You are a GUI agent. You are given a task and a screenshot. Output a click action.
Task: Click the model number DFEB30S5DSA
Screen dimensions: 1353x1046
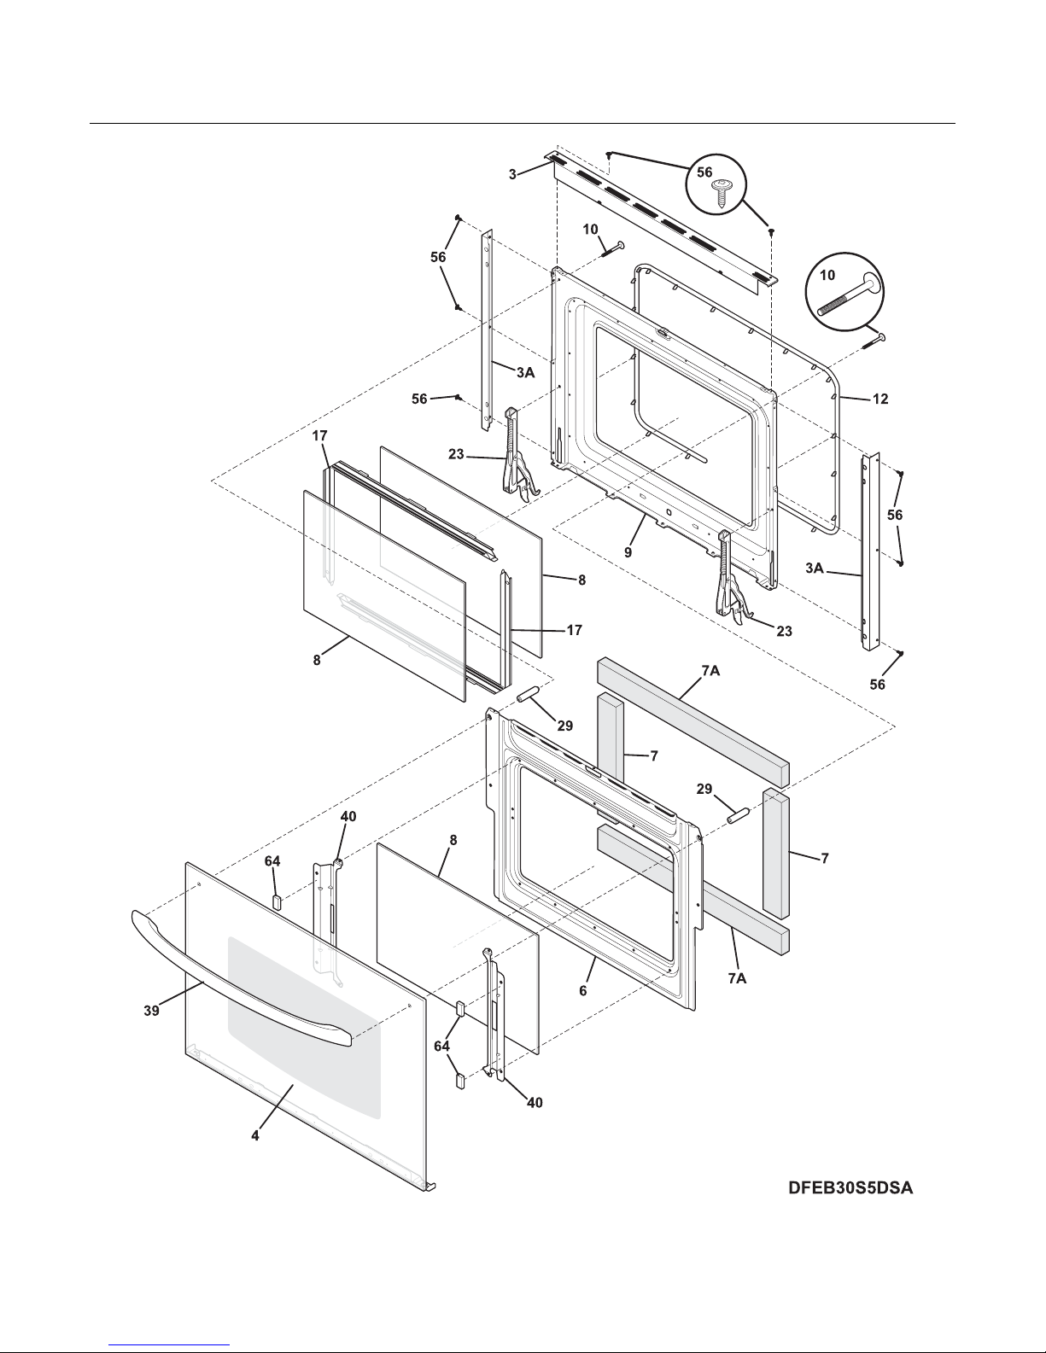(850, 1187)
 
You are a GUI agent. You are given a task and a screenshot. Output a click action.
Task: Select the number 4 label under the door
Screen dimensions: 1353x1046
(255, 1137)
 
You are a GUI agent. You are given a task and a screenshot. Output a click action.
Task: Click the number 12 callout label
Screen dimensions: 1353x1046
(879, 399)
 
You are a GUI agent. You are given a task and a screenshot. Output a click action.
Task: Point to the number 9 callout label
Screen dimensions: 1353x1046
(628, 552)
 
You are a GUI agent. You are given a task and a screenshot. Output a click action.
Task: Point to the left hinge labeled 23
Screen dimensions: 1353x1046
(517, 452)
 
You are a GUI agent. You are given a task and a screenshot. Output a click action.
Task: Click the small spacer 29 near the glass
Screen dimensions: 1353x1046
(523, 691)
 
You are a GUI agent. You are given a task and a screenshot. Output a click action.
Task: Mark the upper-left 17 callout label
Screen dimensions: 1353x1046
(319, 436)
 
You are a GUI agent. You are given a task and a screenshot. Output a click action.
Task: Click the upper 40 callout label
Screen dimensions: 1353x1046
(348, 816)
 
